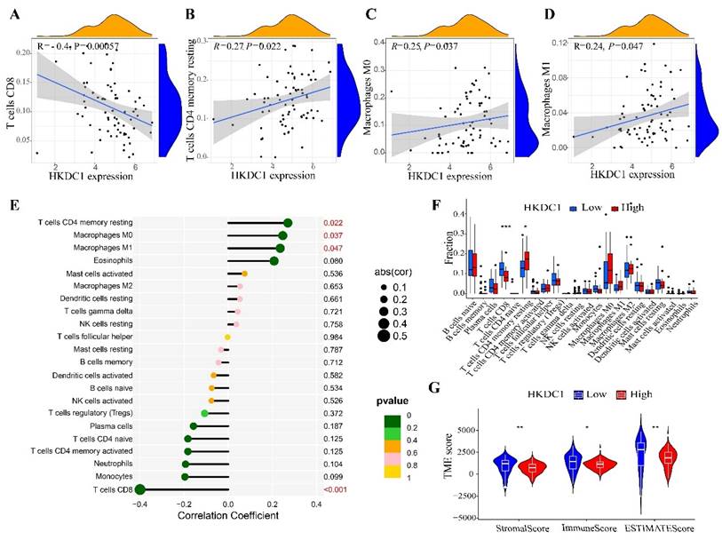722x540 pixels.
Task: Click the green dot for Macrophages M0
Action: click(282, 235)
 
